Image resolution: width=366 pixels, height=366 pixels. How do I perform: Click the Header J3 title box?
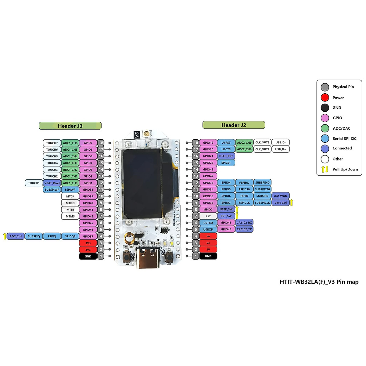(70, 126)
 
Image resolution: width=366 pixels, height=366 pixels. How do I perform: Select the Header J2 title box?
(234, 125)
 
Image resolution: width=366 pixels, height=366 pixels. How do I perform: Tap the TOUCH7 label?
(52, 143)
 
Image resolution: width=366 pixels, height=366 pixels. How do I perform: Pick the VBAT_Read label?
(52, 183)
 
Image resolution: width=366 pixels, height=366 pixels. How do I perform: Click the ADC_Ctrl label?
(16, 236)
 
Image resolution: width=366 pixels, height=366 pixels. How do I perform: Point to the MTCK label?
(70, 196)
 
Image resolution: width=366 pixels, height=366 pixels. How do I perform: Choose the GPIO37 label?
(88, 236)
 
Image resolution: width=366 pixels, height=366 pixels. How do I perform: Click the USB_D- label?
(281, 142)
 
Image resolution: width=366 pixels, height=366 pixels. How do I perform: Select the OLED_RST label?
(226, 156)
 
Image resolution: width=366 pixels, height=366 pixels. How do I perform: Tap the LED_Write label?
(281, 196)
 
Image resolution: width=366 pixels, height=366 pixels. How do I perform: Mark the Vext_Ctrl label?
(281, 203)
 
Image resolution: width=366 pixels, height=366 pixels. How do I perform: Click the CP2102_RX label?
(244, 223)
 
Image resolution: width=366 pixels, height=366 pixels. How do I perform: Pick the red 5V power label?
(208, 249)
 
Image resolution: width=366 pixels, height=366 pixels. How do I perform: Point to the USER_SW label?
(226, 209)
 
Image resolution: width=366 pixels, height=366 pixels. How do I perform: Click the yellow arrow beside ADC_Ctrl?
(5, 236)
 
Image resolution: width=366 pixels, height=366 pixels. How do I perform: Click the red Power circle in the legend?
(325, 98)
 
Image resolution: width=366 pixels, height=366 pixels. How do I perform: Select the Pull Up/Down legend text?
(345, 169)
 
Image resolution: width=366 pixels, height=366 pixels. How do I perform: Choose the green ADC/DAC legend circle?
(325, 128)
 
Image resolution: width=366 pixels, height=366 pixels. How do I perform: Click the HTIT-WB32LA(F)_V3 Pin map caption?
(319, 282)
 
